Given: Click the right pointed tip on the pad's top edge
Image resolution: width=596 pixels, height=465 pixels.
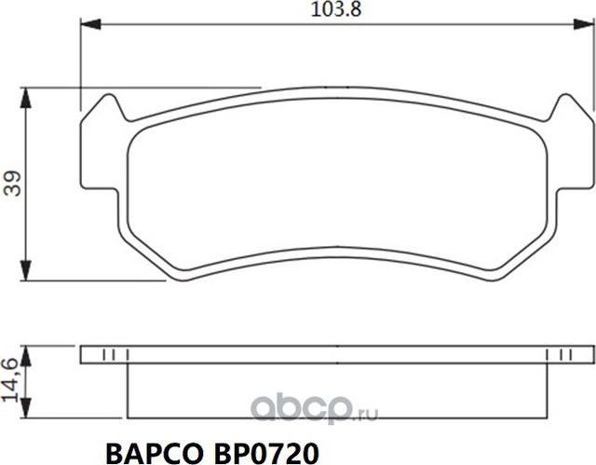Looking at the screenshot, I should coord(560,100).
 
